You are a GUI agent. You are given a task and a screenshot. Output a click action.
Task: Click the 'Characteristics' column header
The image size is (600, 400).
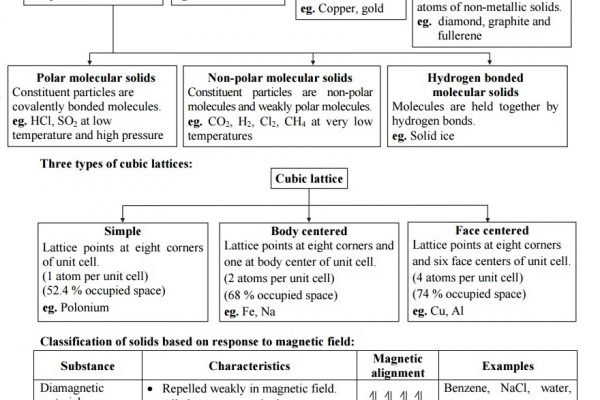(251, 366)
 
